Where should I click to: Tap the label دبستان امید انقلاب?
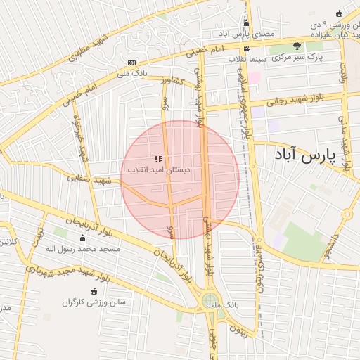(160, 170)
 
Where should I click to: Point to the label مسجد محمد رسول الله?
(83, 249)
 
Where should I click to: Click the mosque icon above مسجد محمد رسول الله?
(83, 238)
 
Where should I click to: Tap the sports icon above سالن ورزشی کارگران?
(94, 292)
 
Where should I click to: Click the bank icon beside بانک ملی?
(133, 63)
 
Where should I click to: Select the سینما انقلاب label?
(247, 59)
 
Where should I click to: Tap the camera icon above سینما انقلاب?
(247, 49)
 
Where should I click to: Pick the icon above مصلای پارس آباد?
(245, 23)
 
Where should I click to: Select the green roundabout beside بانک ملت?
(210, 301)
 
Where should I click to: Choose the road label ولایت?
(344, 73)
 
